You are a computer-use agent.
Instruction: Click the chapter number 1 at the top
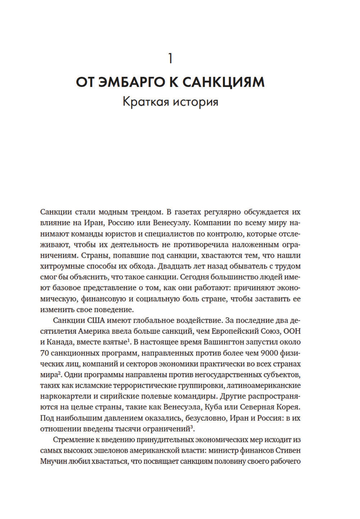[170, 59]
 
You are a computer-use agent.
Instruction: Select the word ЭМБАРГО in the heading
[131, 82]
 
